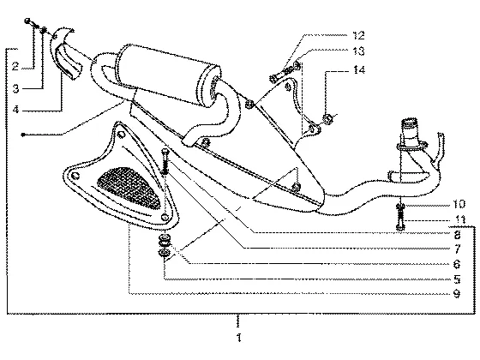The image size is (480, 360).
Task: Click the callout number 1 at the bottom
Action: click(239, 338)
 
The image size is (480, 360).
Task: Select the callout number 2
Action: click(15, 66)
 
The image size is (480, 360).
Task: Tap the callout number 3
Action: click(15, 89)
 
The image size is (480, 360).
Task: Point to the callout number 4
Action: click(16, 110)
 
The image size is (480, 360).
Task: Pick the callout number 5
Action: click(457, 279)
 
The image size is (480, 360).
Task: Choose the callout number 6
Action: click(457, 264)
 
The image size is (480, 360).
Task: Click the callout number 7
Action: click(458, 249)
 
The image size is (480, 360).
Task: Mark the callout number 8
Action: click(457, 235)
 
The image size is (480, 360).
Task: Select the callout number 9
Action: click(457, 294)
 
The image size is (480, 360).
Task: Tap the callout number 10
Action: click(459, 204)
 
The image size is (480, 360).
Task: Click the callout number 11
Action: click(460, 219)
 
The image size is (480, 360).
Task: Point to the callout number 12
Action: click(358, 35)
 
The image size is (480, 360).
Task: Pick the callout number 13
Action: click(358, 51)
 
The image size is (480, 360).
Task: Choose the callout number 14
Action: click(359, 69)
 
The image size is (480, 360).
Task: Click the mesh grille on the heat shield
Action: click(129, 188)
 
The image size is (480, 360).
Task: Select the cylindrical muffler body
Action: click(167, 75)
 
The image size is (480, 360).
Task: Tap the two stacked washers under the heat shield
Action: click(165, 245)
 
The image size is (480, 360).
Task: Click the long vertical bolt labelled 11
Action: click(401, 217)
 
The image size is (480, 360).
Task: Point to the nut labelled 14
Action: click(327, 118)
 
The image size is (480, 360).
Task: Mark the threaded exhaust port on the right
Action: click(410, 132)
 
